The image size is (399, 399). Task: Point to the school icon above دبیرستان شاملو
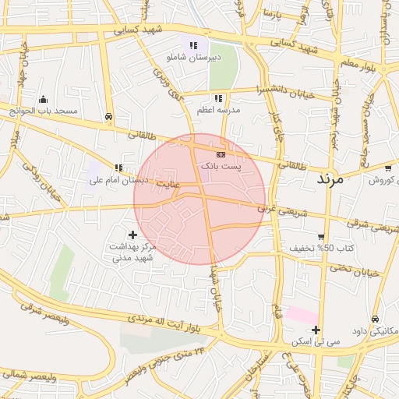pyautogui.click(x=193, y=45)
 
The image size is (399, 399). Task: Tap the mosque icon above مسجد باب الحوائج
pyautogui.click(x=42, y=99)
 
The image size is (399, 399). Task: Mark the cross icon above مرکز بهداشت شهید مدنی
pyautogui.click(x=132, y=234)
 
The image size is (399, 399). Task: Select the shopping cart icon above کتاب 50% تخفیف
pyautogui.click(x=321, y=236)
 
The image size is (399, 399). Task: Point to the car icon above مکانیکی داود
pyautogui.click(x=375, y=319)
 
